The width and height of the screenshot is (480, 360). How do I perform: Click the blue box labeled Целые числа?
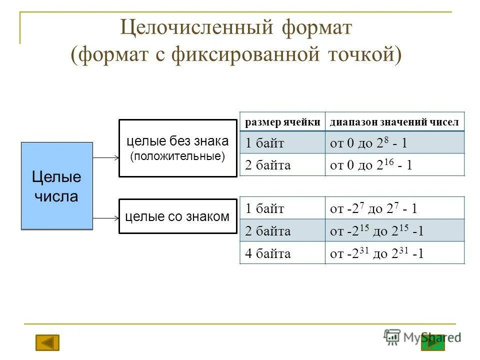coord(56,185)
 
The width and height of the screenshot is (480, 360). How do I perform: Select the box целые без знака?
coord(177,148)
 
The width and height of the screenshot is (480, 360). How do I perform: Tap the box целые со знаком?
coord(177,216)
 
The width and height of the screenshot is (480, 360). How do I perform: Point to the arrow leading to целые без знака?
coord(106,158)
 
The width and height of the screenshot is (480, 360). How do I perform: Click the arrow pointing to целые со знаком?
coord(106,218)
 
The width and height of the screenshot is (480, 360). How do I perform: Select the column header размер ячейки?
coord(282,122)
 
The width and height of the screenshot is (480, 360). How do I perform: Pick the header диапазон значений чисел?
coord(394,122)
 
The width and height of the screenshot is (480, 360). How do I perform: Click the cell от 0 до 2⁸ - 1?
coord(394,143)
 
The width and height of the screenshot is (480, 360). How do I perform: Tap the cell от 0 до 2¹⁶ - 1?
coord(394,165)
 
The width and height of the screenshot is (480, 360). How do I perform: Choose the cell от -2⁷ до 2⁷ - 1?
coord(394,208)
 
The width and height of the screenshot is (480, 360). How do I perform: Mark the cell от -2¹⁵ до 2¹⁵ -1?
coord(394,231)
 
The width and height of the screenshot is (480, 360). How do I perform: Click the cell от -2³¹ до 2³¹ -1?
coord(394,253)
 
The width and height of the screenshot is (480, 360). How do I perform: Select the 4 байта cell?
coord(282,253)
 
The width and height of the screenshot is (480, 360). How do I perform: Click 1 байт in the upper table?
coord(282,143)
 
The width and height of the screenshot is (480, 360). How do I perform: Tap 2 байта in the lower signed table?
coord(282,231)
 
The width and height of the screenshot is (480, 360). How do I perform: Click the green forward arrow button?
coord(433,342)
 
